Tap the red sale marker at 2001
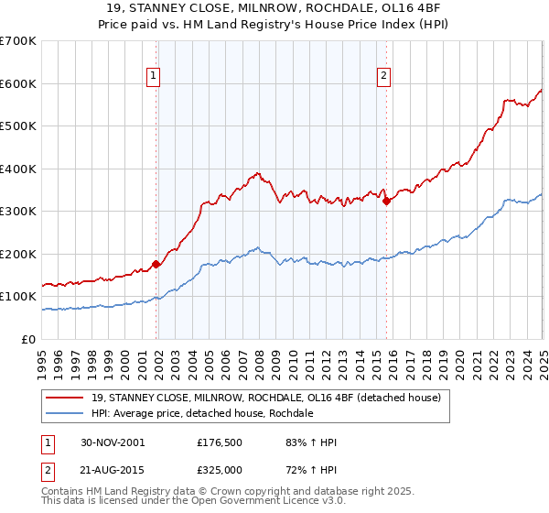tap(156, 264)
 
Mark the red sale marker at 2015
tap(386, 201)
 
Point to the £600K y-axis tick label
tap(18, 83)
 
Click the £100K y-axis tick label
tap(18, 297)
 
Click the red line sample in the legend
tap(66, 398)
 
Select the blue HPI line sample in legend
tap(66, 413)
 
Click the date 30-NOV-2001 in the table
tap(113, 442)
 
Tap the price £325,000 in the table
tap(221, 469)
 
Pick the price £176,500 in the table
tap(221, 442)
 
